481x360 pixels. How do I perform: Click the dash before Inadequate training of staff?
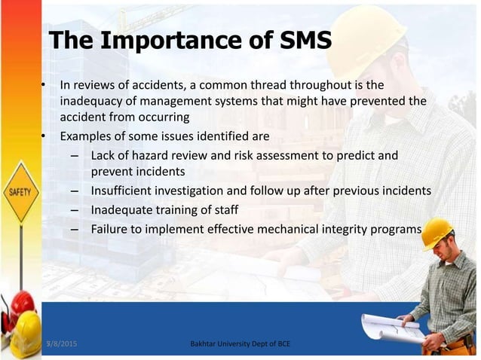[x=75, y=209]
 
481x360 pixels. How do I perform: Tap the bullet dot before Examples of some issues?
[x=44, y=137]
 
